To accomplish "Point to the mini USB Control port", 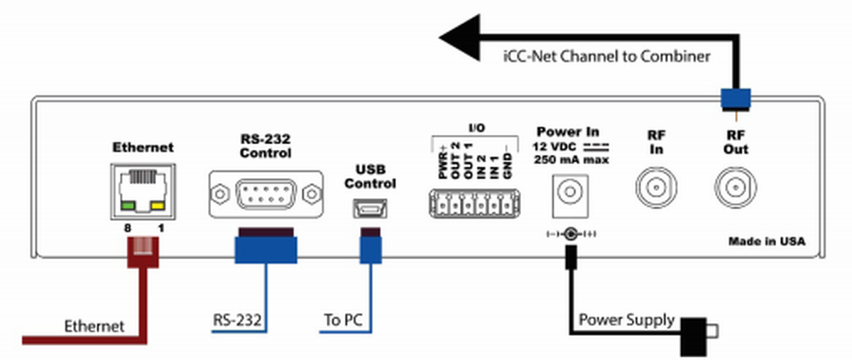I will click(x=368, y=209).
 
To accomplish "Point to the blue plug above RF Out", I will click(x=737, y=97).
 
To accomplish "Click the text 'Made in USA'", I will click(x=766, y=241).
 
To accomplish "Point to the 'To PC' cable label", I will click(x=343, y=321).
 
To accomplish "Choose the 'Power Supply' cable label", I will click(x=626, y=320).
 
